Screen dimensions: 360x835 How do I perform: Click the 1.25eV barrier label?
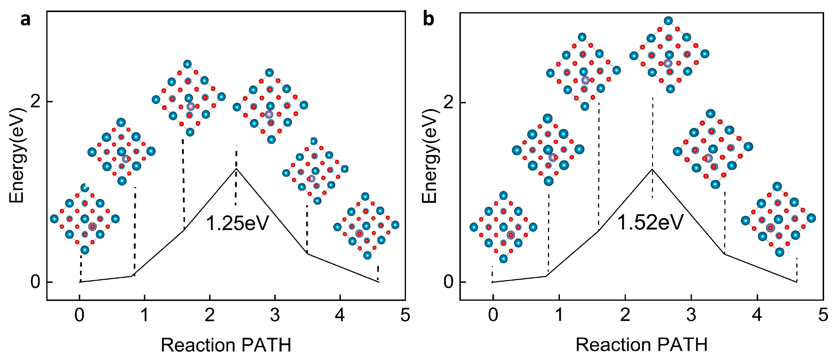[x=238, y=223]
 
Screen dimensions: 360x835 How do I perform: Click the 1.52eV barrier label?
[x=650, y=222]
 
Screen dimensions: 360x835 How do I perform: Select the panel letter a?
[x=25, y=20]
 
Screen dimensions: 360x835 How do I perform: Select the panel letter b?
[x=429, y=19]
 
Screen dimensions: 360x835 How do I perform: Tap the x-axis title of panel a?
[x=226, y=345]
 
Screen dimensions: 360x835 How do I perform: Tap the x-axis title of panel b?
[x=641, y=344]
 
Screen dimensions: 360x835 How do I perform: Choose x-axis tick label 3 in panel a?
[x=275, y=315]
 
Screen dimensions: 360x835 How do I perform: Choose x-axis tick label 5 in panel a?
[x=405, y=315]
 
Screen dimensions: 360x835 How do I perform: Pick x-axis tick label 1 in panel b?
[x=559, y=315]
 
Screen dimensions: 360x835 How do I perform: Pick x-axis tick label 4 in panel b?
[x=757, y=315]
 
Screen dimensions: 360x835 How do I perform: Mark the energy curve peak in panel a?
[x=236, y=169]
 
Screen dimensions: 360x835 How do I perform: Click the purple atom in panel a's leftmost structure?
[x=92, y=226]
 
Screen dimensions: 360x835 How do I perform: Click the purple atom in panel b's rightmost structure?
[x=770, y=228]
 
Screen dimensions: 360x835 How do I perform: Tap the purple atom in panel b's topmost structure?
[x=668, y=63]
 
